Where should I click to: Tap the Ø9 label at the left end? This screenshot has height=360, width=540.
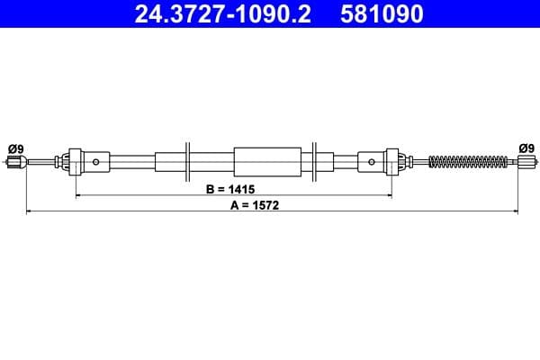coord(14,148)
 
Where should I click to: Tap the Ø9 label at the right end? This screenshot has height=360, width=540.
coord(526,148)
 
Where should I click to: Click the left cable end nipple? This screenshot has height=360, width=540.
coord(13,162)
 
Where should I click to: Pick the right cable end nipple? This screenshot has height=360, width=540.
coord(527,162)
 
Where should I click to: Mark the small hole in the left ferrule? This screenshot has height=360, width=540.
coord(95,162)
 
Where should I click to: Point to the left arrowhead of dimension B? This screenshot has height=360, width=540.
coord(79,195)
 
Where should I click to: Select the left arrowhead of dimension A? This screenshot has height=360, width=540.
coord(30,211)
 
